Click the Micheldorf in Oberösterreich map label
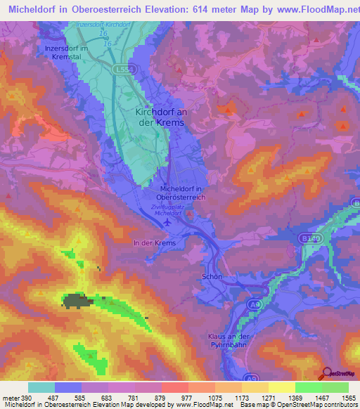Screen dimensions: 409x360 click(183, 193)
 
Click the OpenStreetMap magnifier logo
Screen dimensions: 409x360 click(325, 372)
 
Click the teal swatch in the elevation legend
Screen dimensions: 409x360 click(41, 387)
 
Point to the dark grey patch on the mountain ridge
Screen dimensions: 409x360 click(76, 301)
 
